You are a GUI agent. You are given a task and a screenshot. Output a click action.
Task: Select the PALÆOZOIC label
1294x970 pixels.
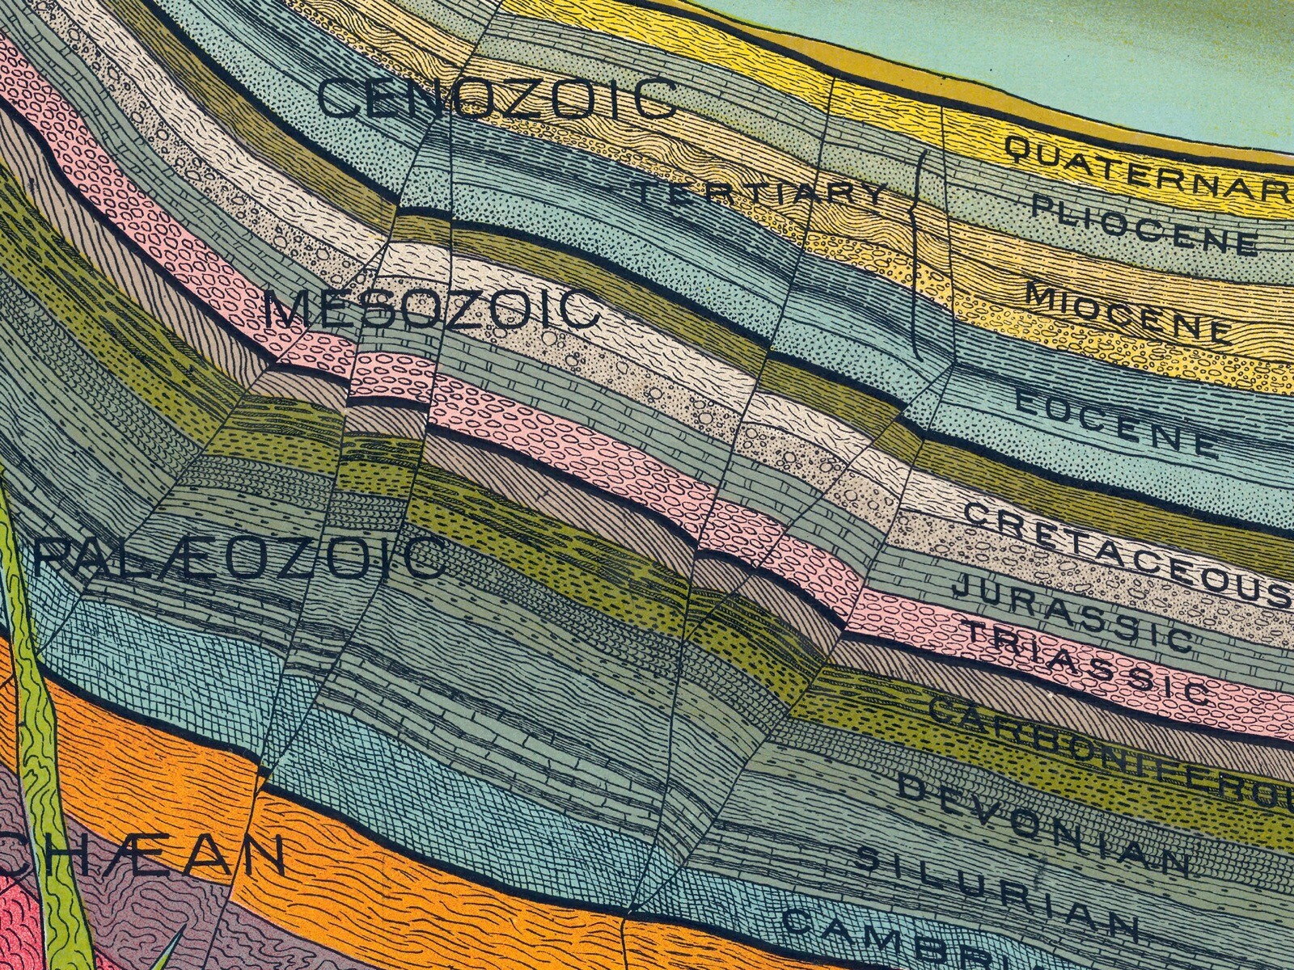tap(239, 557)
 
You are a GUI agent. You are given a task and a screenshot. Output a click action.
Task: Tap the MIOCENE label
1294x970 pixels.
tap(1129, 312)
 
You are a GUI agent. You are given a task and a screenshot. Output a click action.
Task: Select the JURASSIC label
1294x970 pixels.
tap(1072, 611)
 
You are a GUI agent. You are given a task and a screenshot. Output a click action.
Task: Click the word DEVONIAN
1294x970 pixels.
tap(1043, 824)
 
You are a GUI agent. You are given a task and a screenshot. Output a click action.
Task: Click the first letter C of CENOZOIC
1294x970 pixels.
tap(336, 99)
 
